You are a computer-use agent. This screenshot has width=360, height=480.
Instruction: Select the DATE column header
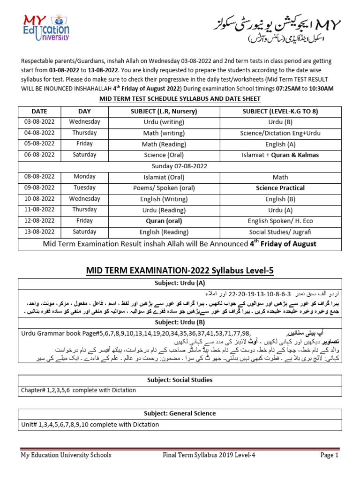(x=39, y=111)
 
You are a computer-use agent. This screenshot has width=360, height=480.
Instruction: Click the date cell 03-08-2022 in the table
(x=39, y=122)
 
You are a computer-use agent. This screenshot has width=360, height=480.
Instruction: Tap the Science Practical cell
(x=280, y=188)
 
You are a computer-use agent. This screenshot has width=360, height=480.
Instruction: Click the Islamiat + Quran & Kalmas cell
(x=280, y=155)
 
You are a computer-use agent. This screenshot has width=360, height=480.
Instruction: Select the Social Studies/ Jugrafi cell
(x=280, y=232)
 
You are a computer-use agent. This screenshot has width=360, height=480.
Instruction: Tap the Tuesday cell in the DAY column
(x=84, y=187)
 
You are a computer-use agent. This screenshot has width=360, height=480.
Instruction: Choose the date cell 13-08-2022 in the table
(x=39, y=232)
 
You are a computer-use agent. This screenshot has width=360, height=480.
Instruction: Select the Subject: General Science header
(x=180, y=413)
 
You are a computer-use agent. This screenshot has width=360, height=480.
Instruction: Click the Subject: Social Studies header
(x=180, y=380)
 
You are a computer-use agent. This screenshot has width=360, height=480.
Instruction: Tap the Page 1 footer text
(x=329, y=455)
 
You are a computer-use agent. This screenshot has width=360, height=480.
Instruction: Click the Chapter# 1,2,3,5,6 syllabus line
(x=62, y=390)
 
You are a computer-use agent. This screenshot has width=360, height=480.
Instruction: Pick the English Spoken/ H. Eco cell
(x=280, y=221)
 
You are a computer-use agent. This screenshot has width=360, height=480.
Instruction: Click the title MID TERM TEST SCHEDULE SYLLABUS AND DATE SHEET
(x=180, y=98)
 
